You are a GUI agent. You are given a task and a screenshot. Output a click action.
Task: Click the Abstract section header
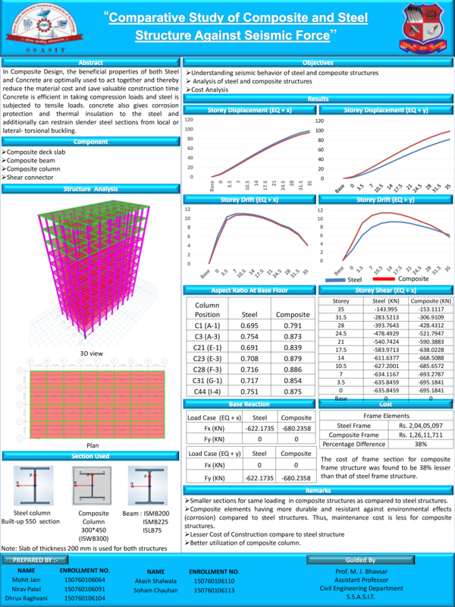(90, 62)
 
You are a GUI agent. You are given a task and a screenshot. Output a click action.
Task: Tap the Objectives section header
(318, 62)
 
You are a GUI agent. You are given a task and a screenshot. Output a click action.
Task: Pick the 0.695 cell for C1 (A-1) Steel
(249, 325)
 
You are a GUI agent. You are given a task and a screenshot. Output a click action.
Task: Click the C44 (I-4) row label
(207, 391)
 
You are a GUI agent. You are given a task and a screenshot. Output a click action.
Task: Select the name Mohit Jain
(26, 580)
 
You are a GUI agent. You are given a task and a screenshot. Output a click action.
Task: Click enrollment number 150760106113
(214, 590)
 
